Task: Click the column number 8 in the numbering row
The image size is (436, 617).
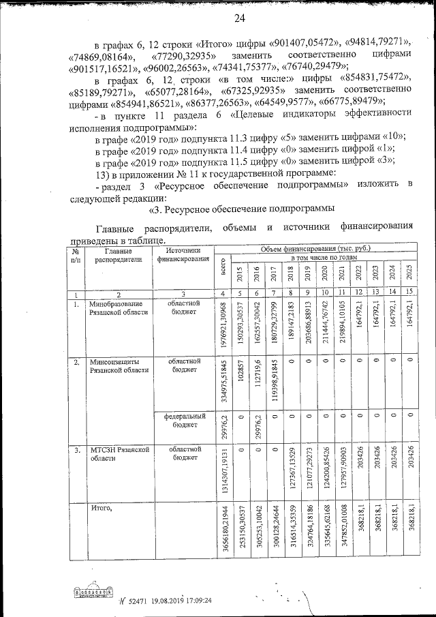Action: coord(291,293)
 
